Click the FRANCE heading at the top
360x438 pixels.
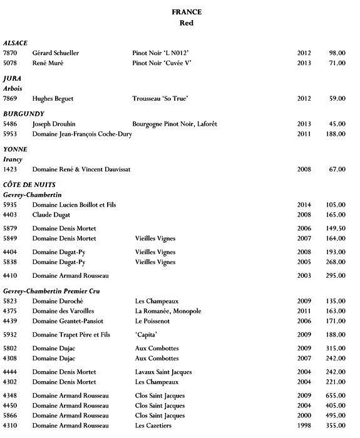[x=186, y=11]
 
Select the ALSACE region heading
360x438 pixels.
[x=16, y=43]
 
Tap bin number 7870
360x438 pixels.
[x=10, y=53]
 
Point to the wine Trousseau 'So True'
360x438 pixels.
[x=160, y=98]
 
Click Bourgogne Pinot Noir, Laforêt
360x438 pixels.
[x=175, y=124]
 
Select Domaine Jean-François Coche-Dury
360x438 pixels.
[x=82, y=134]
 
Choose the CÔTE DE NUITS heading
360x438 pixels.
[x=29, y=185]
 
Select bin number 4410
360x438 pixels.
[x=10, y=275]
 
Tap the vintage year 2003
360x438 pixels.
[x=304, y=275]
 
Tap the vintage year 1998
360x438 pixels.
[x=304, y=425]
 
